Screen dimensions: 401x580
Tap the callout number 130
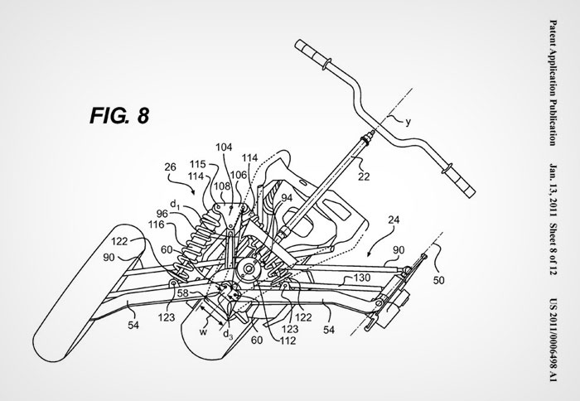pyautogui.click(x=361, y=278)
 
